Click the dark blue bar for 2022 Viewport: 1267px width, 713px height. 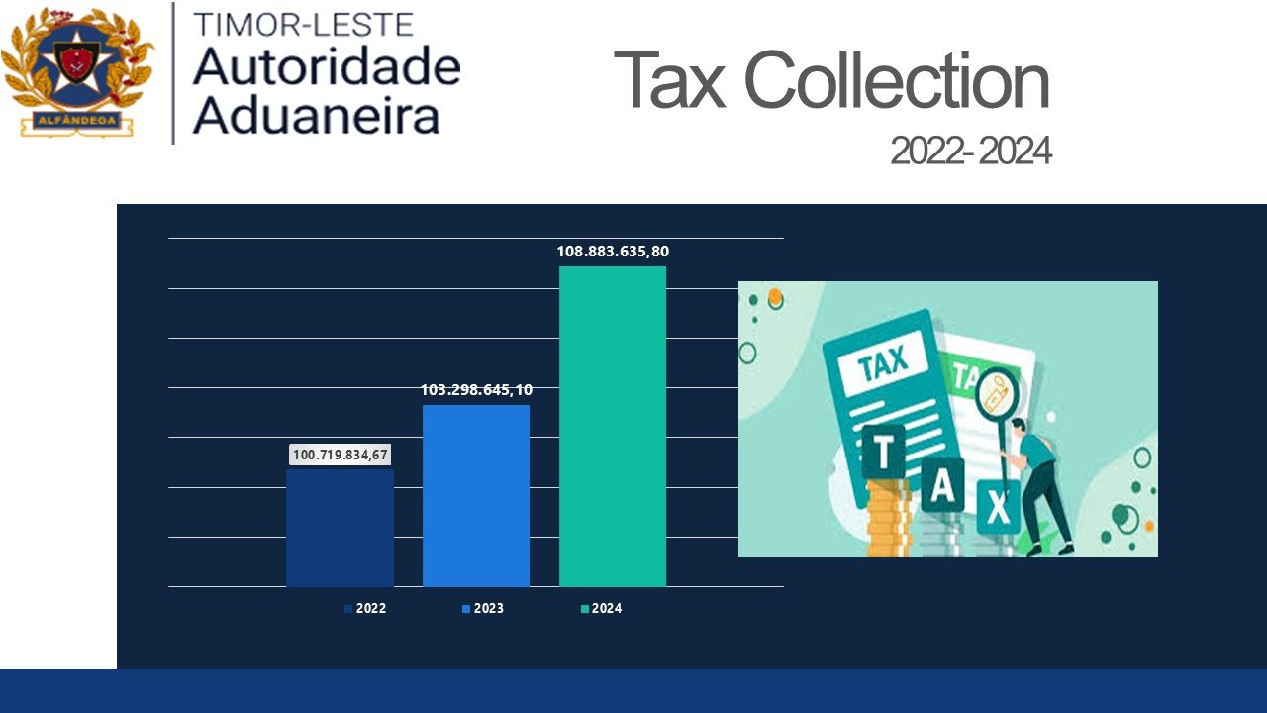coord(340,528)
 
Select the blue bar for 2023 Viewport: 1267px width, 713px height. coord(476,496)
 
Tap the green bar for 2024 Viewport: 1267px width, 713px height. coord(613,427)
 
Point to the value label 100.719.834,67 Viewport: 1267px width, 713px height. coord(341,455)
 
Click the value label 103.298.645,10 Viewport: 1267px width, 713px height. coord(476,390)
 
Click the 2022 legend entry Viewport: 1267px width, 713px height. coord(365,609)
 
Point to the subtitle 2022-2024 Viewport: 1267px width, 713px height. coord(970,152)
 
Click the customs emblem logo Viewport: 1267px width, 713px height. coord(76,71)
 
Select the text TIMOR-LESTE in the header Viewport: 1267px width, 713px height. coord(304,24)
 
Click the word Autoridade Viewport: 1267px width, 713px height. coord(327,66)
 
